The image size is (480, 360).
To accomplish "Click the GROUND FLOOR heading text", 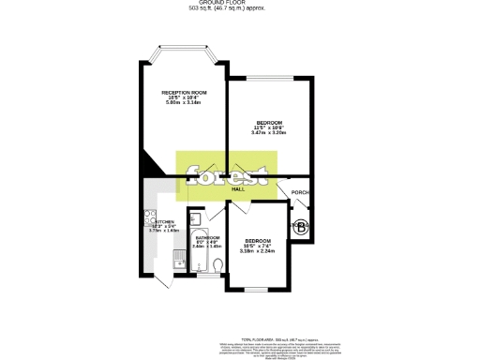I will point(239,4).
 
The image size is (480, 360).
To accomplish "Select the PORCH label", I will point(300,192).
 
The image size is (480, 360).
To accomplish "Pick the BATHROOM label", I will point(206,238).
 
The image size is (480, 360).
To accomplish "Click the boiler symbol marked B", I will point(302,226).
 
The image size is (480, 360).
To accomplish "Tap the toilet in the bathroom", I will point(217,267).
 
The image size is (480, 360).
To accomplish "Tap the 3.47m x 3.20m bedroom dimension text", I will point(268,132).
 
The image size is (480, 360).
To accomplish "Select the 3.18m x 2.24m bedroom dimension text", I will point(256,250).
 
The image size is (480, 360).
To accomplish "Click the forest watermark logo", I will point(230,174).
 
